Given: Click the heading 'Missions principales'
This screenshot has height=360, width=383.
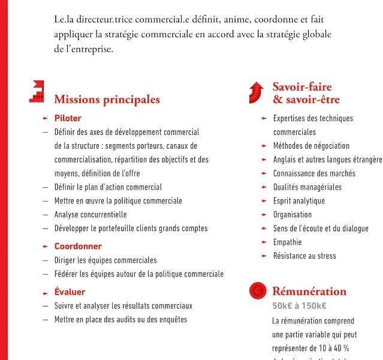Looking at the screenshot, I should coord(107,100).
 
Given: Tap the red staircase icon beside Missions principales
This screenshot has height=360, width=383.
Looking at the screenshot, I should coord(37,92).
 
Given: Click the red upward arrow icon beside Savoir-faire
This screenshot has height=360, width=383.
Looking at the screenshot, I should coord(257,92).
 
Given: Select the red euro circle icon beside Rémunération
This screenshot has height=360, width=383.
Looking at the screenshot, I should coord(257,291).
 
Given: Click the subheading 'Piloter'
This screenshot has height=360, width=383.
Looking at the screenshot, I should coord(68,118).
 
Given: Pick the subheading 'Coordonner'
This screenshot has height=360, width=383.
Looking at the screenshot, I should coord(78,246).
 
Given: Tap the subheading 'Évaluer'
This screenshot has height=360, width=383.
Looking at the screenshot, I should coord(70,292).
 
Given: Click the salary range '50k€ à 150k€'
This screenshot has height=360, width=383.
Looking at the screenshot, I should coord(299,306).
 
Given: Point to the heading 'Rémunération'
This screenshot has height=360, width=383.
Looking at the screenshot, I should coord(309,292).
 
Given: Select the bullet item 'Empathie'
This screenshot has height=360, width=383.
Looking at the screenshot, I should coord(287,242).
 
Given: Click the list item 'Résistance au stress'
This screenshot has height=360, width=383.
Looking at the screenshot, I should coord(304,256).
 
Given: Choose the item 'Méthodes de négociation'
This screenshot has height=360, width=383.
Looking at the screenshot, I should coord(311,146).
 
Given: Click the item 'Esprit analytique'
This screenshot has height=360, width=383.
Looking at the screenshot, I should coord(298,201).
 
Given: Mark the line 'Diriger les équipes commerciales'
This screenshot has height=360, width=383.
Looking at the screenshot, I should coord(105,260).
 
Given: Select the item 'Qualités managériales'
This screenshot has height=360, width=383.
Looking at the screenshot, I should coord(307,187).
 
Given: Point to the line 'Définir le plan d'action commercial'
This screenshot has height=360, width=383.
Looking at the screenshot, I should coord(108,187).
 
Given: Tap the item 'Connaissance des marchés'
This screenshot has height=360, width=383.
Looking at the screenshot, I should coord(314,173).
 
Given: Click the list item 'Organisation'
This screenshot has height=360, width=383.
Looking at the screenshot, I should coord(292,215).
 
